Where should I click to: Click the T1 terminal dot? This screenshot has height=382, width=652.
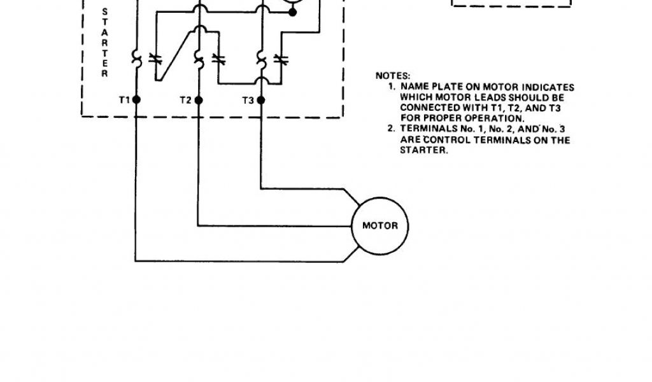[136, 100]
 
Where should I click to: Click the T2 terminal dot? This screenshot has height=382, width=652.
[198, 100]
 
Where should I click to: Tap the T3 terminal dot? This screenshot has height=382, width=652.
[260, 100]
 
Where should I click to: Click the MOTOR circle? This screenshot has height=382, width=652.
[379, 225]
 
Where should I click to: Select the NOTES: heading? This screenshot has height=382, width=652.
[393, 76]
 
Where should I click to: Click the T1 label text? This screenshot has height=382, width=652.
[124, 100]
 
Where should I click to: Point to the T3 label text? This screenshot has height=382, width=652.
[248, 100]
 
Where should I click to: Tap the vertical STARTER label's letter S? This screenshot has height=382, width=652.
[105, 11]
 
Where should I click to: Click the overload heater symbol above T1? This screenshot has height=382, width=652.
[136, 59]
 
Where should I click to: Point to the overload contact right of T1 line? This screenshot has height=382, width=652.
[154, 59]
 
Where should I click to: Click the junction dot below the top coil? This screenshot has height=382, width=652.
[292, 11]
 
